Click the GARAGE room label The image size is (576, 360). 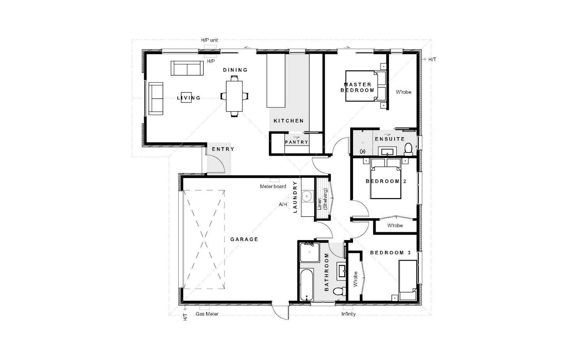pyautogui.click(x=244, y=239)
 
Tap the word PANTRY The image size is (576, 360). pyautogui.click(x=297, y=142)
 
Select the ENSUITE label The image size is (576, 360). pyautogui.click(x=390, y=139)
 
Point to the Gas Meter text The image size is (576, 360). pyautogui.click(x=207, y=314)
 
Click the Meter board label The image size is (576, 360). pyautogui.click(x=273, y=186)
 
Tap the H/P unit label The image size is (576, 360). pyautogui.click(x=209, y=40)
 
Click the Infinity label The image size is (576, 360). pyautogui.click(x=348, y=314)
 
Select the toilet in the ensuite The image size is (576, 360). pyautogui.click(x=408, y=149)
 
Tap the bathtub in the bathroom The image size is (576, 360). pyautogui.click(x=307, y=284)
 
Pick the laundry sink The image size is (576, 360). pyautogui.click(x=307, y=197)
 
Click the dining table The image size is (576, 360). pyautogui.click(x=234, y=96)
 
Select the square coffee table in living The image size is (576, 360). pyautogui.click(x=186, y=97)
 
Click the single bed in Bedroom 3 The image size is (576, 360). pyautogui.click(x=407, y=280)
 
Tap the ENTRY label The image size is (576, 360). pyautogui.click(x=223, y=149)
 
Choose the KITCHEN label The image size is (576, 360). pyautogui.click(x=288, y=121)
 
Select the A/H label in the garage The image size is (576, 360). pyautogui.click(x=283, y=205)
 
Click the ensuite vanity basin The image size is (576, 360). pyautogui.click(x=388, y=151)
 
